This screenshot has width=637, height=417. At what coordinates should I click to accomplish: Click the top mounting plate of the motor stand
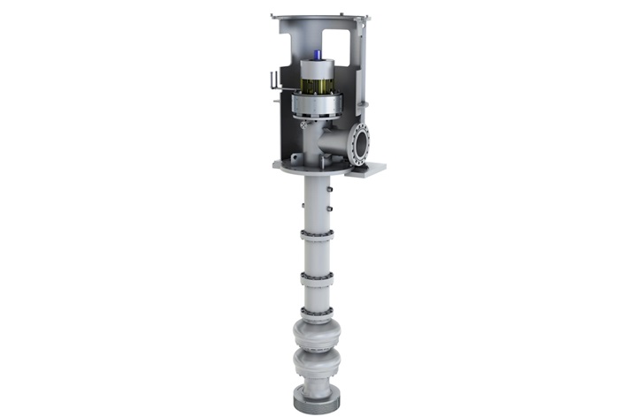tap(321, 18)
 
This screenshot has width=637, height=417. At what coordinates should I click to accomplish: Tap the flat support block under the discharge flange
tap(365, 170)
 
